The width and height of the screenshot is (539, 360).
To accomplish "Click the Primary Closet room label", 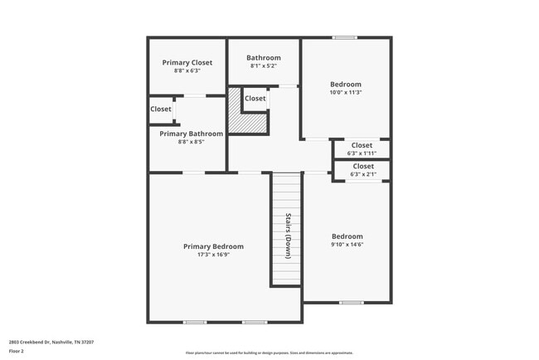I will point(187,62).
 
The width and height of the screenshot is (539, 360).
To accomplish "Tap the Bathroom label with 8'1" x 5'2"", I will point(263,58).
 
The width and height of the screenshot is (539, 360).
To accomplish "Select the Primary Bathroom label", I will point(191,134).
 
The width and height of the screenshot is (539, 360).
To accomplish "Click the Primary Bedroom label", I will point(213,246).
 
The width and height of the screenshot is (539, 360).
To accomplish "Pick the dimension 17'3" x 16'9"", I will point(213,255).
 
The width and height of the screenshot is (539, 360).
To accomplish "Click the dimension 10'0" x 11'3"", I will point(346,92).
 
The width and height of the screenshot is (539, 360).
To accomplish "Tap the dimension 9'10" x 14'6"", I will point(347,245).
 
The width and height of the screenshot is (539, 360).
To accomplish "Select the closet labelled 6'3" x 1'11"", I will point(362,148).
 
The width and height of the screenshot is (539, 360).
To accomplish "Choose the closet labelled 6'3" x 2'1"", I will point(362,170).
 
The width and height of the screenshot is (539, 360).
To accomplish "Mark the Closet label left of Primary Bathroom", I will point(161,109).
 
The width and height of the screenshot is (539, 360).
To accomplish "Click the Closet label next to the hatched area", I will point(255,99).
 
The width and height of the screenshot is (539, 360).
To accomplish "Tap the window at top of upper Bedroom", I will point(345,37).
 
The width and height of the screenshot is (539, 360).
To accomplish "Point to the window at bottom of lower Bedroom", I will point(351,302).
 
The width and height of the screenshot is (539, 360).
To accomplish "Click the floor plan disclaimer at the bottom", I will point(269,353).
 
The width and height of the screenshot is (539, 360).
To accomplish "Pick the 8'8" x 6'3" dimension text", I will point(187,71).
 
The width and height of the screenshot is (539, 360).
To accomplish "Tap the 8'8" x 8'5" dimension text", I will point(191,142).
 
